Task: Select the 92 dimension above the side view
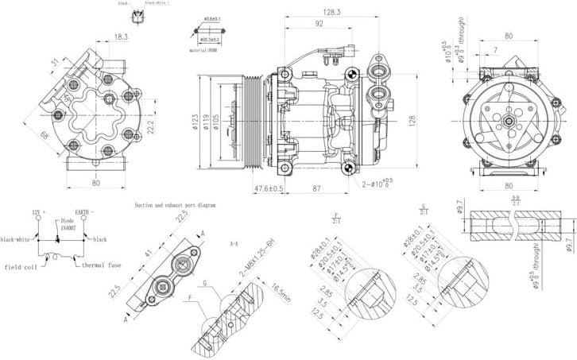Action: coord(319,24)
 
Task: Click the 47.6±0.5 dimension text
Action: coord(269,188)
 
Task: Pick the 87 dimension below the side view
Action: coord(316,188)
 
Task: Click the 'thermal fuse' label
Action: coord(103,265)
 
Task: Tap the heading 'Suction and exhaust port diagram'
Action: coord(174,204)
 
